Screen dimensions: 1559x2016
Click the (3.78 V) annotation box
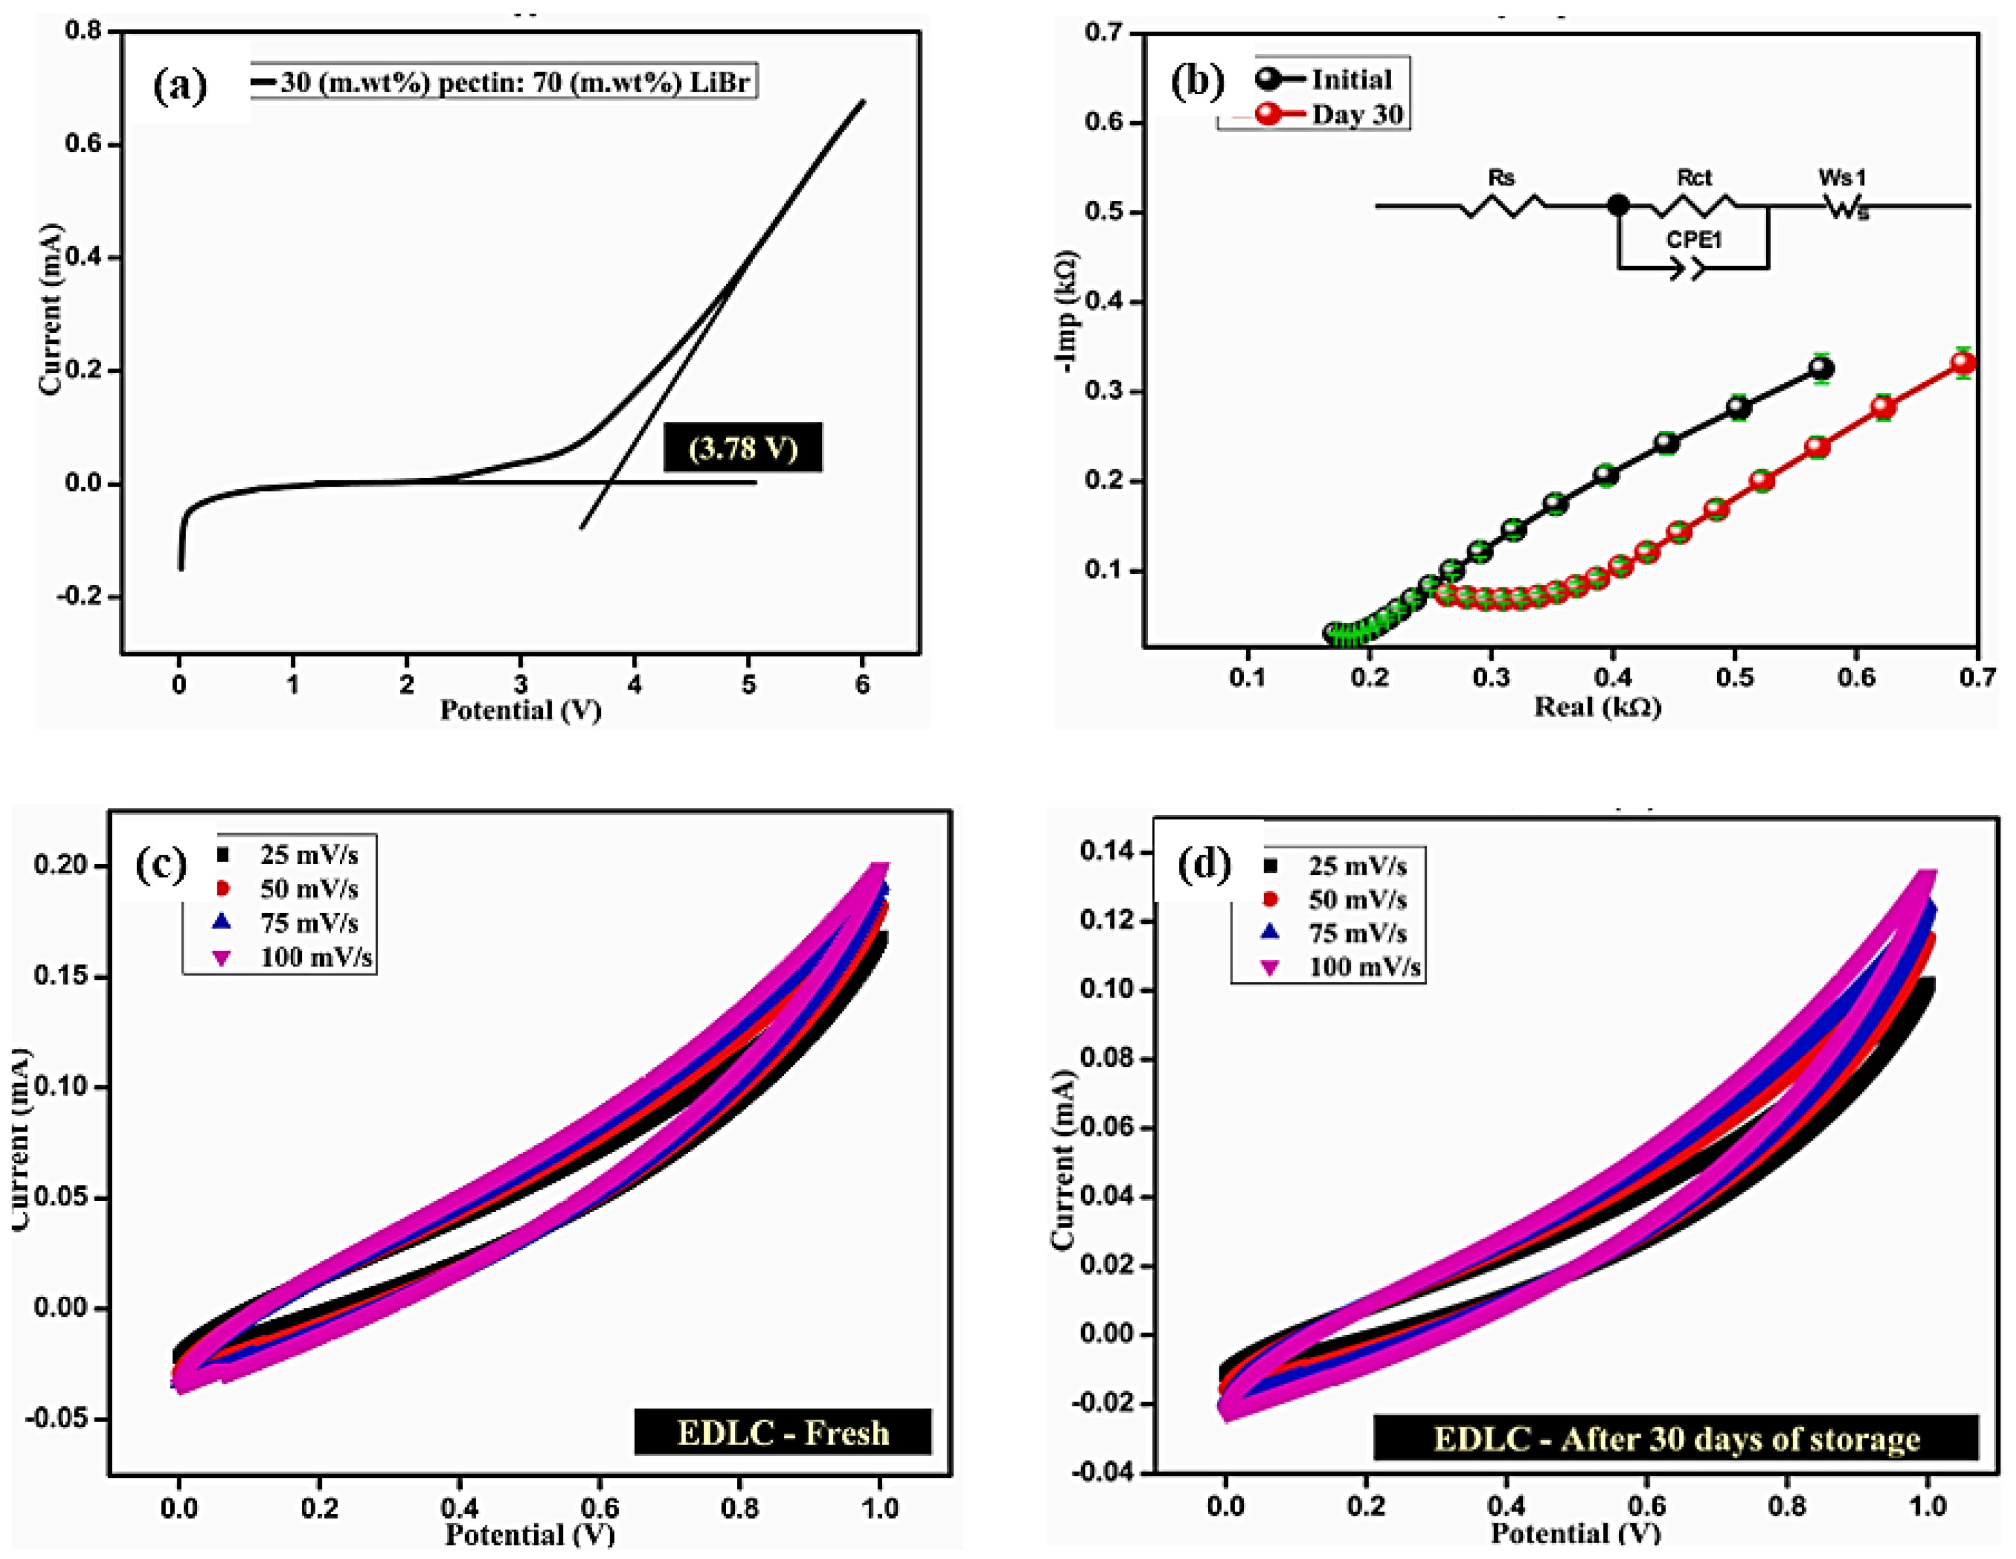[743, 449]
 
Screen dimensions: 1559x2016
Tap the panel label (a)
[180, 86]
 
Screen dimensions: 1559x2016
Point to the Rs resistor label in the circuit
[1501, 177]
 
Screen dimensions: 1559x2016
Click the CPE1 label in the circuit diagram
[1694, 240]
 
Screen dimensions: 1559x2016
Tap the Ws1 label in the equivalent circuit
[1842, 177]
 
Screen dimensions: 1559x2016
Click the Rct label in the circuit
[1694, 177]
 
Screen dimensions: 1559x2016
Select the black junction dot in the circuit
[1618, 205]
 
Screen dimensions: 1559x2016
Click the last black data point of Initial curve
[1820, 369]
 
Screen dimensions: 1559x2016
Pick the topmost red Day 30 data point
[1963, 363]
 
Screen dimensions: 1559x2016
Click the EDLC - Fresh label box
[783, 1433]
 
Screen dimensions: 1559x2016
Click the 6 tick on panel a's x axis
[862, 685]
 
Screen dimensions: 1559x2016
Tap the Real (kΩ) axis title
[1597, 707]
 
